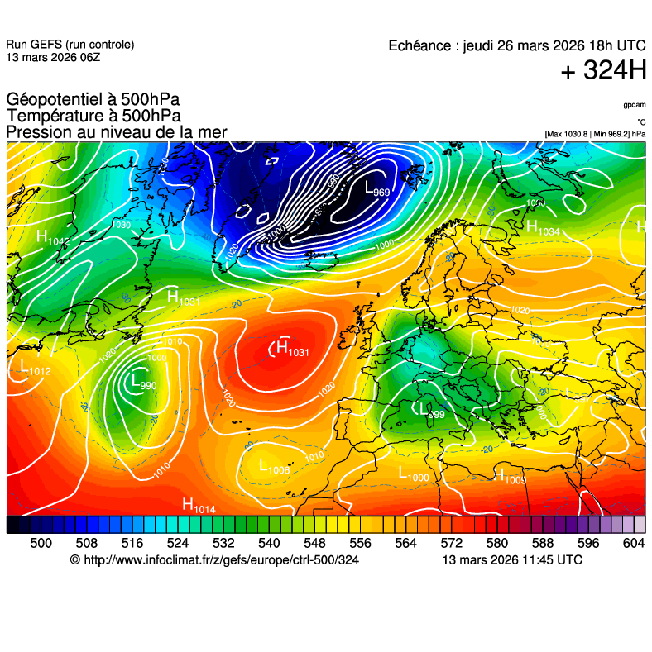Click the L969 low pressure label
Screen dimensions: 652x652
376,189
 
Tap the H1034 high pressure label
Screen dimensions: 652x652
543,228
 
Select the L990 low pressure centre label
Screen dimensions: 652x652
142,382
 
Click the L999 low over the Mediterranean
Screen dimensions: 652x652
432,411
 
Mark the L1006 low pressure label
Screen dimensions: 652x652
274,468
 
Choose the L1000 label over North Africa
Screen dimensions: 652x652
414,474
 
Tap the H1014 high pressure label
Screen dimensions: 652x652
199,505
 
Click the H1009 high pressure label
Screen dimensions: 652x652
510,476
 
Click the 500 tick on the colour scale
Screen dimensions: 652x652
41,543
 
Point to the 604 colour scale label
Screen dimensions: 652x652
633,543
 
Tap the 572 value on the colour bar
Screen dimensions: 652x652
451,543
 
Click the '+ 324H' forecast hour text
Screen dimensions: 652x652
603,71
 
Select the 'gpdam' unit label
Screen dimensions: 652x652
635,106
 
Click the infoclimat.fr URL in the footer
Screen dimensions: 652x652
215,560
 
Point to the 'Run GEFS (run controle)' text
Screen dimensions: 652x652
70,45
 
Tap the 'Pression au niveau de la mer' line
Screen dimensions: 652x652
116,132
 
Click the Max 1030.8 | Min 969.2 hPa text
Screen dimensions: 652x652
595,133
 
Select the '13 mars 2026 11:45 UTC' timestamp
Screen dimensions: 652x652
512,560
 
